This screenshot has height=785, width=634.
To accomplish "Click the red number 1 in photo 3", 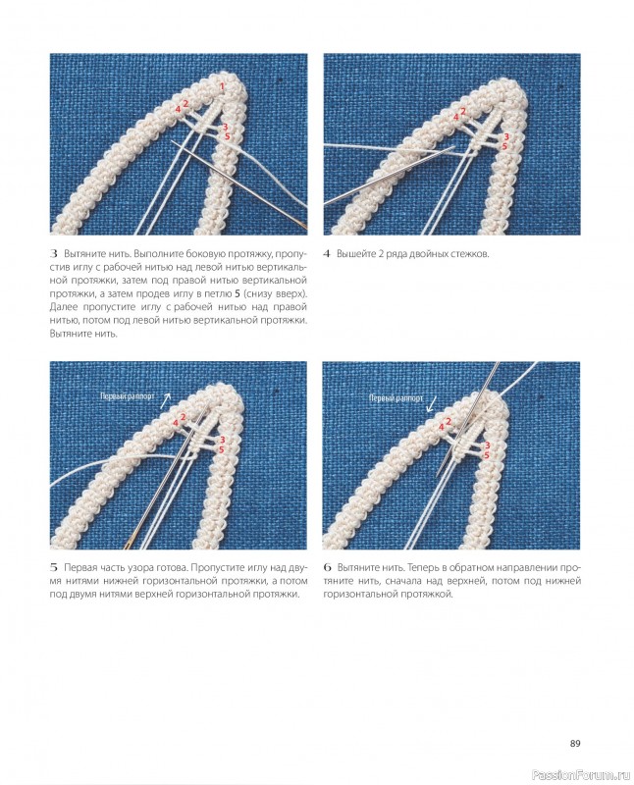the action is [x=223, y=86].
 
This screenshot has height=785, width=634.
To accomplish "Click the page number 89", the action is [x=575, y=744].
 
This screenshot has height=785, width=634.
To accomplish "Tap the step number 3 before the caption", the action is [x=55, y=254].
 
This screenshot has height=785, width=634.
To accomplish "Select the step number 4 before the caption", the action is [x=327, y=254].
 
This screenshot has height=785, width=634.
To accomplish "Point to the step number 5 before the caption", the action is [x=54, y=568].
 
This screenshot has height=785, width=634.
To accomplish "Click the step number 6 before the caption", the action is [x=328, y=568].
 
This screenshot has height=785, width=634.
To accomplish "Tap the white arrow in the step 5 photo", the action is [x=165, y=400].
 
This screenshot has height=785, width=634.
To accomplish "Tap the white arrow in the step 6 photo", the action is [x=430, y=404].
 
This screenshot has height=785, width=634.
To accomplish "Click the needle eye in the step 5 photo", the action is [x=128, y=542].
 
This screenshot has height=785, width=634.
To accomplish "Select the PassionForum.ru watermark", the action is [x=580, y=775].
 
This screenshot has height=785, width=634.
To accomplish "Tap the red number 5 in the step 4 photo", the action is [x=504, y=146].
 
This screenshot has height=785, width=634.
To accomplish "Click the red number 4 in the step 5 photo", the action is [x=176, y=424].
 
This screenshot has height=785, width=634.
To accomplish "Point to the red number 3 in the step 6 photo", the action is [x=487, y=445].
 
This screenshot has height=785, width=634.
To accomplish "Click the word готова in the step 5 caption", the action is [x=172, y=568].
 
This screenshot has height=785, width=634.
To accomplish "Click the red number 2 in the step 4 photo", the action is [x=462, y=111].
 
